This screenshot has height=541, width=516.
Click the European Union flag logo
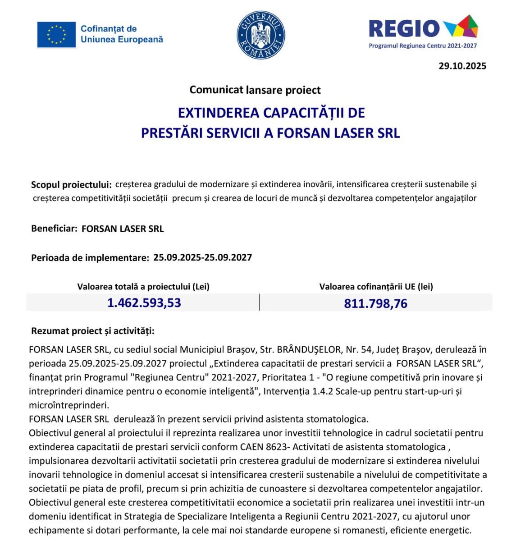(56, 35)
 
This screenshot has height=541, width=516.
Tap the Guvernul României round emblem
(261, 35)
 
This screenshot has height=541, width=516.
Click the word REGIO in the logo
(404, 29)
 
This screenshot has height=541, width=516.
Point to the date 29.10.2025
(462, 66)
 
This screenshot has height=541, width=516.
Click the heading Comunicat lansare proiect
(255, 90)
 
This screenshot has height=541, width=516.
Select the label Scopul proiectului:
(71, 184)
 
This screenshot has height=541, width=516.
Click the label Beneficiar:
(54, 229)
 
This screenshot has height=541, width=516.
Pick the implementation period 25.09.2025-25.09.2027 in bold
(202, 257)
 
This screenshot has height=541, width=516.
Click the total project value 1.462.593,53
(144, 303)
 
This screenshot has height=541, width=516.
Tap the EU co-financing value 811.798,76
(375, 303)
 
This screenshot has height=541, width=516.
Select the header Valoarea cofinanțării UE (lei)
(376, 287)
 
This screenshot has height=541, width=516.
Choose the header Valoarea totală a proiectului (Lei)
(143, 287)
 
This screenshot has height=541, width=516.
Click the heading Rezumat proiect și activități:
(93, 331)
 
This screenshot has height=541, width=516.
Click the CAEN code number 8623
(265, 447)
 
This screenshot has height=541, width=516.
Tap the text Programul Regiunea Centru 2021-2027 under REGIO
(423, 46)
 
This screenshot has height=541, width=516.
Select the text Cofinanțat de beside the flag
(109, 29)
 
